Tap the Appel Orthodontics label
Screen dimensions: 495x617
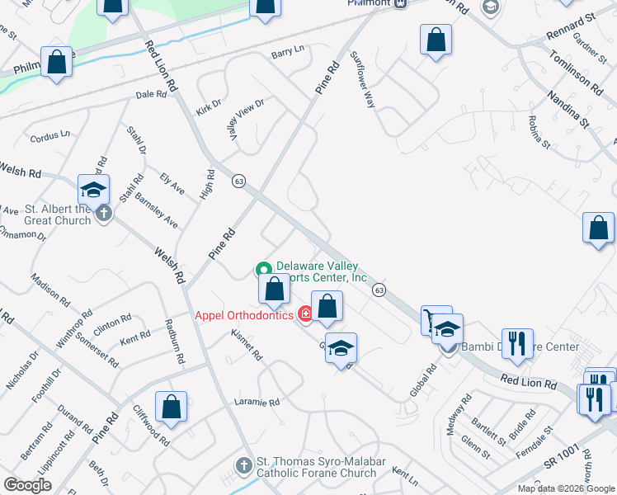(x=243, y=315)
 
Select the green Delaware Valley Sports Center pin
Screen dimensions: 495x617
(x=263, y=269)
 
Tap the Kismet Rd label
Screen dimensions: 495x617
(x=248, y=348)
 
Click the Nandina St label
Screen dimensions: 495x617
(x=571, y=110)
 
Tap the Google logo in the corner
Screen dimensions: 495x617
(x=27, y=485)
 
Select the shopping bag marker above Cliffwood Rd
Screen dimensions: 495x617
(x=172, y=406)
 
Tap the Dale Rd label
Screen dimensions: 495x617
(x=151, y=95)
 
